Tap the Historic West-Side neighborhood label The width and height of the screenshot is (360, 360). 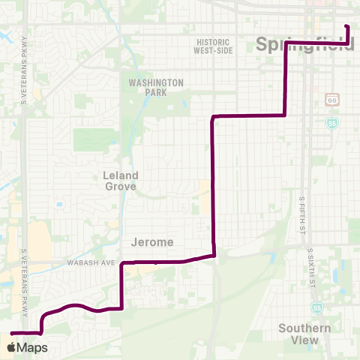pos(212,46)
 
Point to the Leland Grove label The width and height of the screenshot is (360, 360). pos(119,180)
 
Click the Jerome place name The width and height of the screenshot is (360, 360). pos(152,242)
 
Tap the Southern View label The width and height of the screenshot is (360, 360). pos(304,334)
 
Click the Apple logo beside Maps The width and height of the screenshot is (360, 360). pos(11,347)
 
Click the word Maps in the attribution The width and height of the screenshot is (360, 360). pos(32,347)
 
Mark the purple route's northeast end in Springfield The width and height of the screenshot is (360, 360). pos(347,26)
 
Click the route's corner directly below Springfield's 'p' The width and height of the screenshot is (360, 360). pos(285,42)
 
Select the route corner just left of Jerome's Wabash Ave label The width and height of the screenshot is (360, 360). pos(121,263)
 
